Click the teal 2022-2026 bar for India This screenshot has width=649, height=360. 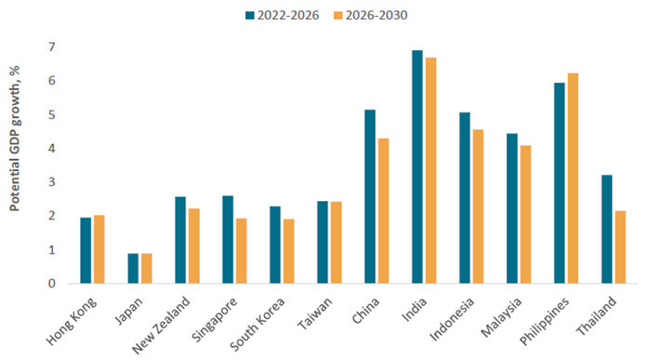coord(417,167)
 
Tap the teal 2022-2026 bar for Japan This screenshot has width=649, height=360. coord(133,269)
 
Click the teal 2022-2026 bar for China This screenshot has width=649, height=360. coord(370,196)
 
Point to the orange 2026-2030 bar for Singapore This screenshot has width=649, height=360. coord(241,251)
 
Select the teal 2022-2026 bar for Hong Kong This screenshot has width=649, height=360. coord(86,250)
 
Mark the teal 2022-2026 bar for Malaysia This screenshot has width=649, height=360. coord(511,208)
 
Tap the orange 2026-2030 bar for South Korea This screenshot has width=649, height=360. coord(288,251)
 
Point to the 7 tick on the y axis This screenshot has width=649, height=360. coord(53,47)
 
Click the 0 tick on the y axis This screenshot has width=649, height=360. coord(53,284)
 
